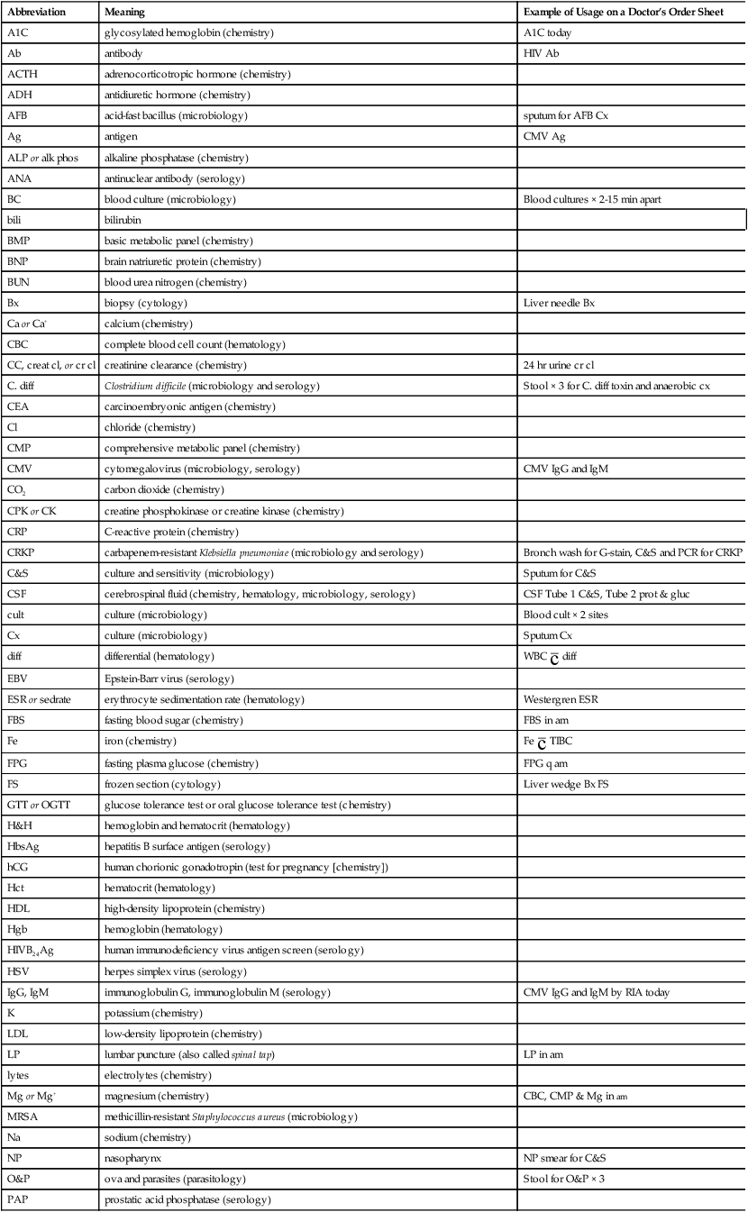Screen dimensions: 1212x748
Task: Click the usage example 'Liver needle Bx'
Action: tap(559, 304)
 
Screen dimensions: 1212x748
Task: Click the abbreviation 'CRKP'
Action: tap(23, 551)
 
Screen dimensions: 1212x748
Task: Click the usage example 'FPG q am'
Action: tap(546, 762)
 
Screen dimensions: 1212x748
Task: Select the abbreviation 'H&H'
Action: tap(21, 825)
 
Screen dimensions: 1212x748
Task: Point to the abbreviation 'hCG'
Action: tap(19, 867)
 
